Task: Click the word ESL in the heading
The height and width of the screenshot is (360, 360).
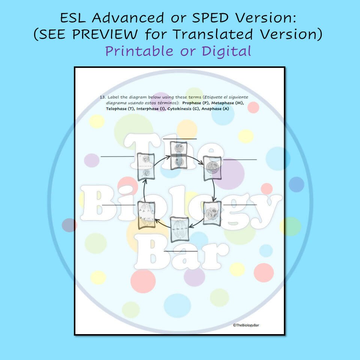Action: [73, 18]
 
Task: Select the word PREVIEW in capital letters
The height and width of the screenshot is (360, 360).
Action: [105, 34]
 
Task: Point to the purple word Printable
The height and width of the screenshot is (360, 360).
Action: [139, 51]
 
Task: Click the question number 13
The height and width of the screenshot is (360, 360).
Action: [102, 97]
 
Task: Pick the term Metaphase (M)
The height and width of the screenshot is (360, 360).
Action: [227, 103]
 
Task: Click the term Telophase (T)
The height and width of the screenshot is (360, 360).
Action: [120, 109]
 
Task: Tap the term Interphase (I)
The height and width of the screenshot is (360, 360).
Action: [151, 109]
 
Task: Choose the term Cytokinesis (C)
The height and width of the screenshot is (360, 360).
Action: [183, 109]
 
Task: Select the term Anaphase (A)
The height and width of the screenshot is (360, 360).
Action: [215, 109]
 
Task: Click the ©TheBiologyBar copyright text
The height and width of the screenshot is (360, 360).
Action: [246, 325]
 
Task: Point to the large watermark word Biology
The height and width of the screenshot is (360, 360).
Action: [181, 204]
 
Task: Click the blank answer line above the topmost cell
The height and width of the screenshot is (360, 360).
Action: [180, 139]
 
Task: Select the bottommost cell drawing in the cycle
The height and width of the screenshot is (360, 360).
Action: [180, 229]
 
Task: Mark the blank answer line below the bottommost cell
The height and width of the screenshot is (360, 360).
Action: [181, 251]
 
